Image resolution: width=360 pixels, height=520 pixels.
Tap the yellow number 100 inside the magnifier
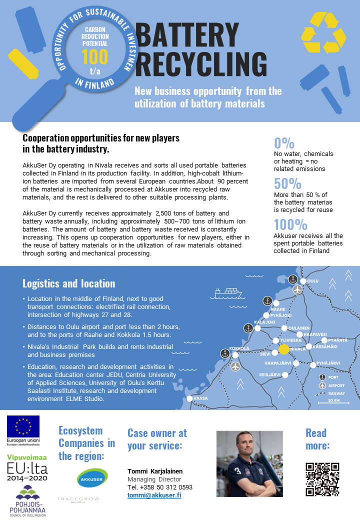click(94, 56)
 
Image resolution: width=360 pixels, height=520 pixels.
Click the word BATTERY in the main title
click(187, 35)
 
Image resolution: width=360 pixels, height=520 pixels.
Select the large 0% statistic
click(284, 143)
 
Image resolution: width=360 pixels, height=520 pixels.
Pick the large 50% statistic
click(287, 184)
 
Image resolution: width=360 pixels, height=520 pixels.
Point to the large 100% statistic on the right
click(290, 224)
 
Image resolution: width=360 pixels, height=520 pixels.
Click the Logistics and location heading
click(68, 283)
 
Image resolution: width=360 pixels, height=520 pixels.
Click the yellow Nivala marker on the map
click(284, 349)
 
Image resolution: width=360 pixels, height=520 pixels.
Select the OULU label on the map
click(312, 280)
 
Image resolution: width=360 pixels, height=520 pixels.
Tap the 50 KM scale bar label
click(335, 400)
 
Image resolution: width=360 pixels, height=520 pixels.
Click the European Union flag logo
click(22, 426)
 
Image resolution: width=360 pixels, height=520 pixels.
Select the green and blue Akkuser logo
click(89, 477)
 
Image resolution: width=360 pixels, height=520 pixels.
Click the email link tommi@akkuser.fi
click(154, 494)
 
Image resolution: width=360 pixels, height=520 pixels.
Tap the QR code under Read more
click(322, 479)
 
